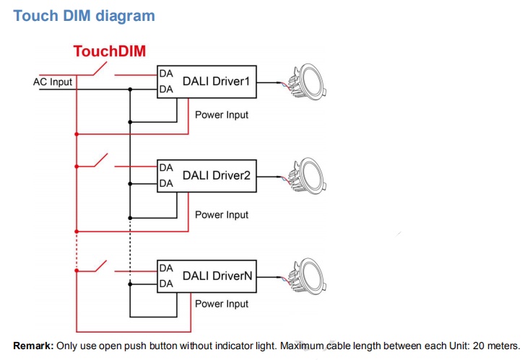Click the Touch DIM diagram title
[x=84, y=16]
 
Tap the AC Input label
[x=53, y=82]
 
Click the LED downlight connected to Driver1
[x=309, y=82]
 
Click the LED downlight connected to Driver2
[x=309, y=175]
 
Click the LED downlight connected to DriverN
[x=309, y=276]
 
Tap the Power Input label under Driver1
[x=222, y=115]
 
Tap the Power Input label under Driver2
[x=222, y=215]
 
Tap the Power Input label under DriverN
[x=222, y=304]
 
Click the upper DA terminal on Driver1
[x=166, y=74]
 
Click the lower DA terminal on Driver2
[x=166, y=183]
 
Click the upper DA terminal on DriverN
[x=166, y=268]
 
